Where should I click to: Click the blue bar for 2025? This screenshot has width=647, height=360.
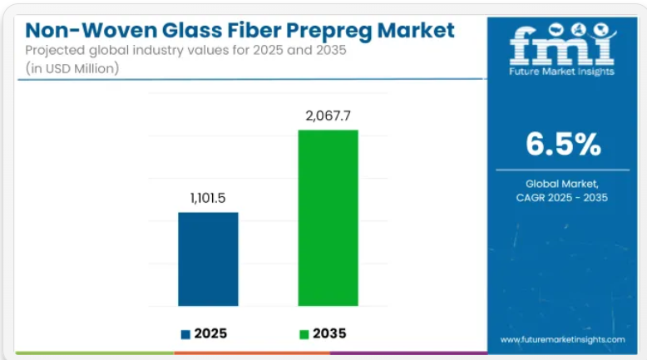[x=208, y=259]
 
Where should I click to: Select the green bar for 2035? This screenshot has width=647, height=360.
[x=328, y=218]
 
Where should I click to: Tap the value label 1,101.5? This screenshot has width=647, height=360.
[x=208, y=200]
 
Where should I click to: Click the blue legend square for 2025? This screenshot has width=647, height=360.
[x=185, y=334]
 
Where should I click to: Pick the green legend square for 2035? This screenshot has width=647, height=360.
[x=304, y=334]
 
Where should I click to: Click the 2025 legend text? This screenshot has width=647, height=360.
[x=210, y=333]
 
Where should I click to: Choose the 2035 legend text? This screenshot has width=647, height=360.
[x=329, y=333]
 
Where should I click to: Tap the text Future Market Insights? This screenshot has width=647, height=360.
[x=562, y=72]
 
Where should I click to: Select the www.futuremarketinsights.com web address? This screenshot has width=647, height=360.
[x=562, y=339]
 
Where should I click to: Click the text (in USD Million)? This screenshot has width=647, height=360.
[x=72, y=68]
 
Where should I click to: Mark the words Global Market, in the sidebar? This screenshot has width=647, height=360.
[x=562, y=183]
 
